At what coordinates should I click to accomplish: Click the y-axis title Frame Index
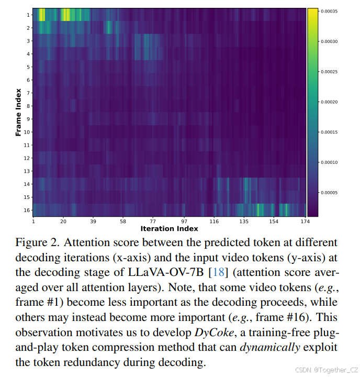click(18, 112)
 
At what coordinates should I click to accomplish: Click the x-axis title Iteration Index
click(168, 229)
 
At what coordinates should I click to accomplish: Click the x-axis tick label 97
click(184, 221)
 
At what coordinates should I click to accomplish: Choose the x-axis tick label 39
click(94, 221)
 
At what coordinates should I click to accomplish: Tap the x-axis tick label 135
click(244, 221)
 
